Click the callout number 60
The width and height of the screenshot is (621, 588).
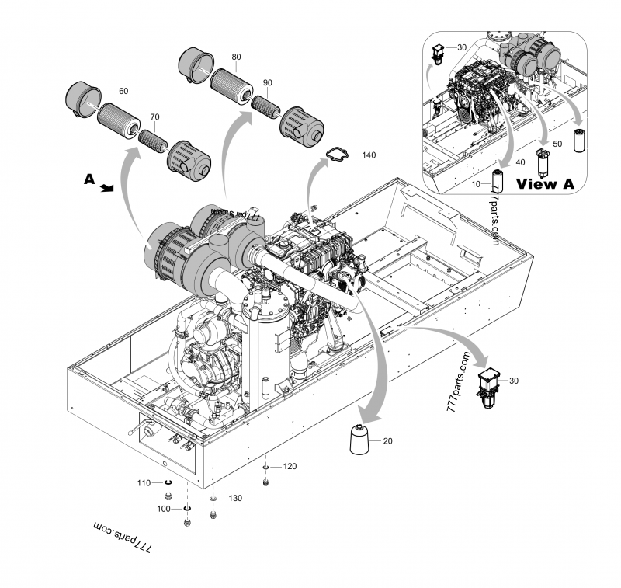click(123, 91)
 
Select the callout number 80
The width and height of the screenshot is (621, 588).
click(236, 57)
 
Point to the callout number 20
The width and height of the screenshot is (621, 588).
click(388, 440)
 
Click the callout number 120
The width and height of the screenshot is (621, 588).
click(290, 467)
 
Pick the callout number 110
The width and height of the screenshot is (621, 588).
click(144, 483)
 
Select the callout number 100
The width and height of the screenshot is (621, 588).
click(165, 508)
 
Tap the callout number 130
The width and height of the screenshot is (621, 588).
click(234, 498)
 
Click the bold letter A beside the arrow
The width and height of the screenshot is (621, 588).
click(89, 179)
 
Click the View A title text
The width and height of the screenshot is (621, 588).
click(547, 184)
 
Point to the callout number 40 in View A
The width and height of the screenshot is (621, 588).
click(522, 162)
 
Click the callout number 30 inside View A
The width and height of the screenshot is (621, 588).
click(461, 47)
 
